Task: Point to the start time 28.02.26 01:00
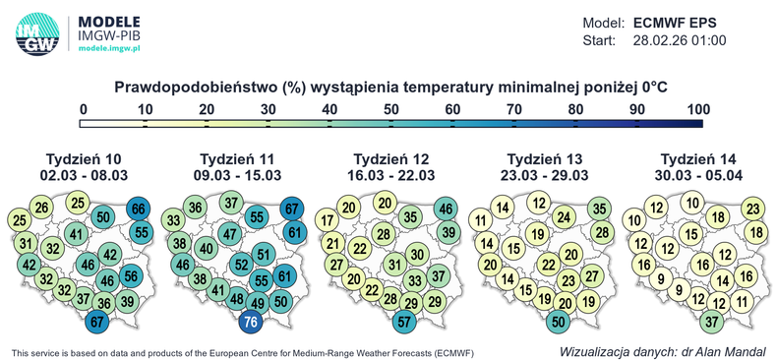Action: tap(680, 41)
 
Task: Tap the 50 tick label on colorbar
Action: tap(390, 109)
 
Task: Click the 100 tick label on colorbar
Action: tap(697, 109)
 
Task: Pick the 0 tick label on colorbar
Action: tap(84, 109)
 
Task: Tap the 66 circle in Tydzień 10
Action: tap(139, 209)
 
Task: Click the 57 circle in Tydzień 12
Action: tap(404, 322)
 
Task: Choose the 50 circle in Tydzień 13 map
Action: tap(558, 322)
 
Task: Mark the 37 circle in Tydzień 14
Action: tap(712, 322)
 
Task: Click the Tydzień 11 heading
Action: tap(236, 159)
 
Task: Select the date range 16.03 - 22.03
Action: tap(390, 175)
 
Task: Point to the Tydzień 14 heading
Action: tap(697, 159)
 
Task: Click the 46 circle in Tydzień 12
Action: tap(446, 209)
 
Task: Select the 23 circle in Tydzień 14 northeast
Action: tap(753, 209)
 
